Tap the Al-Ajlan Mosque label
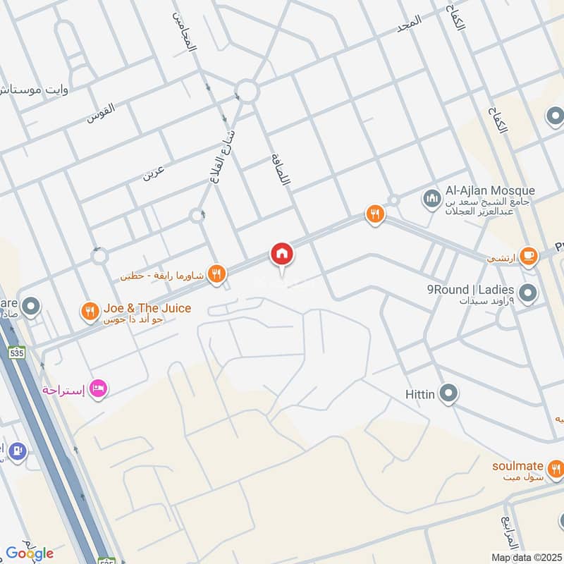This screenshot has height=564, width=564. tap(490, 191)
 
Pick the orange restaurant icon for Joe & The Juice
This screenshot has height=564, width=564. tap(90, 312)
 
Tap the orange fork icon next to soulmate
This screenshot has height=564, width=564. tap(556, 467)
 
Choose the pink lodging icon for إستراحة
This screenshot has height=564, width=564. tap(99, 388)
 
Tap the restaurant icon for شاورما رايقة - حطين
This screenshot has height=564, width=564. tap(218, 274)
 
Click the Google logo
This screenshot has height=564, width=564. tap(30, 553)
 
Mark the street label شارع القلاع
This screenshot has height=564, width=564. tap(223, 148)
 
